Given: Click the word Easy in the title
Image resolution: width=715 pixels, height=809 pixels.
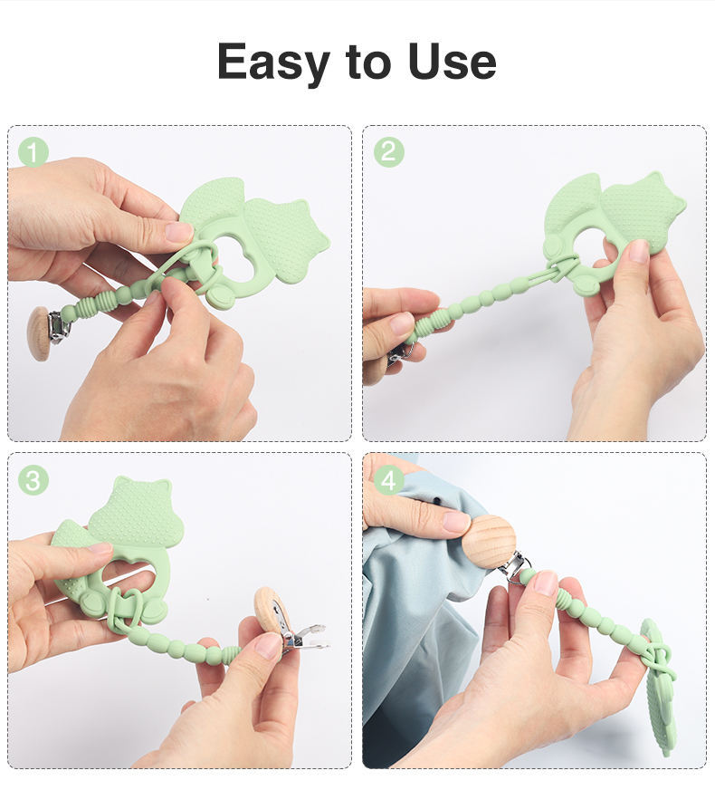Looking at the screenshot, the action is [x=273, y=63].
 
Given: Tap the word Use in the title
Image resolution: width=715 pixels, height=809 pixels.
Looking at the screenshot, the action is [x=452, y=62].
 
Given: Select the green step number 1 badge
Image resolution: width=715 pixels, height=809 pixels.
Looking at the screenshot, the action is [x=33, y=152].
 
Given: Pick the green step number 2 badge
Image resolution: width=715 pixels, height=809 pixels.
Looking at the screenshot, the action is [x=388, y=151].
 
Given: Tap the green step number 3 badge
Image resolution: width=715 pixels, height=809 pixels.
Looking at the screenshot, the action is [x=33, y=480].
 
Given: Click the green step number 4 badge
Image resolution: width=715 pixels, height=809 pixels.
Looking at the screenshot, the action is [x=388, y=480].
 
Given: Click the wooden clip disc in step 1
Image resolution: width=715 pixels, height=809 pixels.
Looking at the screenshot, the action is [x=38, y=333].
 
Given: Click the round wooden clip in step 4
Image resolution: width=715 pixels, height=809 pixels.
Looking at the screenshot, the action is [x=489, y=542].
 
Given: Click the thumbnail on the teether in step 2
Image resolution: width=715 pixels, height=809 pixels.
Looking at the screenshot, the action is [x=639, y=251].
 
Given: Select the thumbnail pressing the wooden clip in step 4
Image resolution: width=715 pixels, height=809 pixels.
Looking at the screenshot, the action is [x=456, y=522].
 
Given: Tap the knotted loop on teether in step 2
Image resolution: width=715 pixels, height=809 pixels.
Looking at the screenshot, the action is [x=559, y=267].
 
